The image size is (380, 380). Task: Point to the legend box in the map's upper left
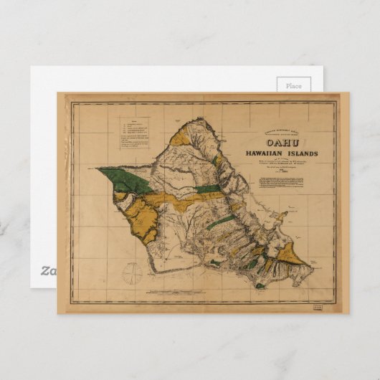coord(134,133)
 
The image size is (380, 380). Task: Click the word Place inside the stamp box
coord(294,85)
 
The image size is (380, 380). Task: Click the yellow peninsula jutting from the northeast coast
coord(282,213)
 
